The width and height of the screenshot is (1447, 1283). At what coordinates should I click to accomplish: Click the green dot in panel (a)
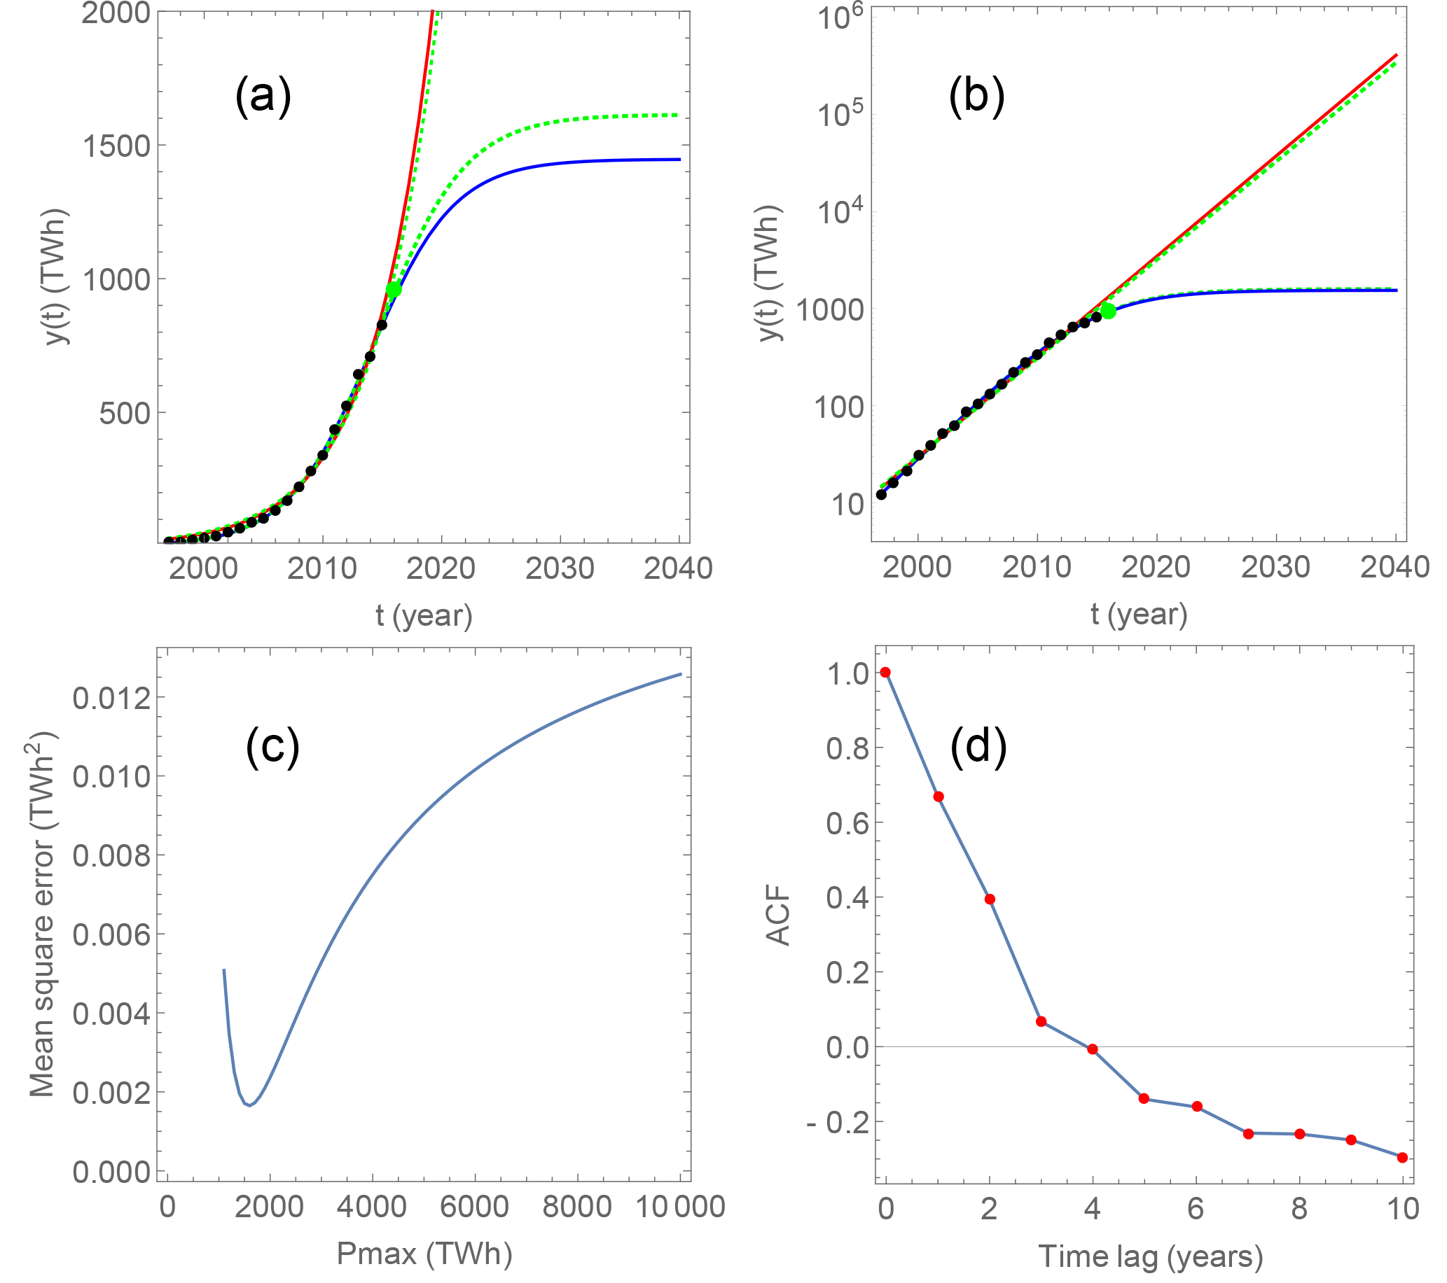394,289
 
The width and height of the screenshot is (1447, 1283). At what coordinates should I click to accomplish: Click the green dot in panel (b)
1109,311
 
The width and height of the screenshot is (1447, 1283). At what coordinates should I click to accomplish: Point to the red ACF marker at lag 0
885,672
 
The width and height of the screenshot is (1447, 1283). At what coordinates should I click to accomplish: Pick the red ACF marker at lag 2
990,899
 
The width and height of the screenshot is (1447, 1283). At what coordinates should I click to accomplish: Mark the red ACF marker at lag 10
1402,1158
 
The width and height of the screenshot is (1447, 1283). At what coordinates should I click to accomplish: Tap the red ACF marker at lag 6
1197,1107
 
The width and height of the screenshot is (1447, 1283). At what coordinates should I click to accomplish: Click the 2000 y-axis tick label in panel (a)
116,13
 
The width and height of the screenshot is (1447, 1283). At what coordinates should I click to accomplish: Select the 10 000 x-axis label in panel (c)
680,1207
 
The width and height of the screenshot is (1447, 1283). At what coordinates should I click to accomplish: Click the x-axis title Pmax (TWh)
424,1254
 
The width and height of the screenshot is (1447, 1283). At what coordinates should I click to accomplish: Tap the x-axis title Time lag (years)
1150,1256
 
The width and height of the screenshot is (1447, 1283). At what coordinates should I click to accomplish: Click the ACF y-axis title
779,916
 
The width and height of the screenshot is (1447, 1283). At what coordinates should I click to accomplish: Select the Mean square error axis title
43,913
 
